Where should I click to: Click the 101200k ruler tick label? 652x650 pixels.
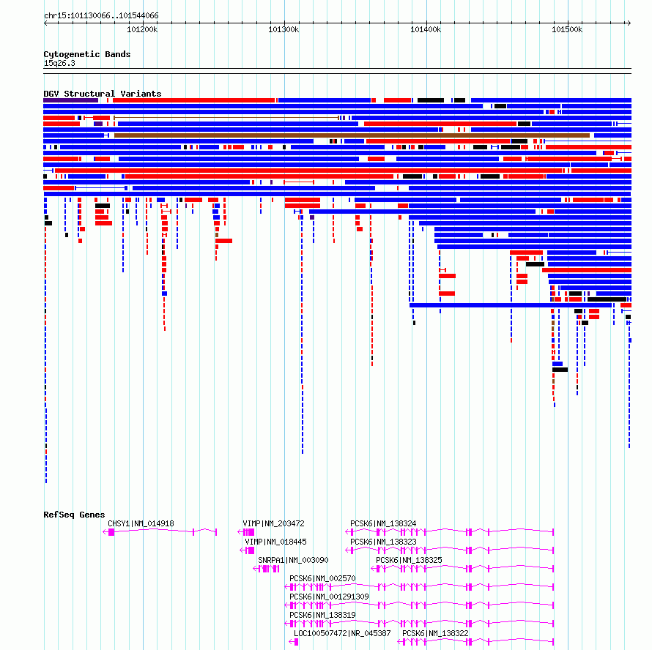point(142,29)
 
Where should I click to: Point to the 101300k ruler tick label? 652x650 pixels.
point(284,29)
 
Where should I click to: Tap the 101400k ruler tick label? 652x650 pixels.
point(426,29)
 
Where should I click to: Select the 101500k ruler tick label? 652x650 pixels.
point(567,29)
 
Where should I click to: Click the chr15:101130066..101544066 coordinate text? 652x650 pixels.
point(101,16)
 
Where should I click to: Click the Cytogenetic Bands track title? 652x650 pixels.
point(87,54)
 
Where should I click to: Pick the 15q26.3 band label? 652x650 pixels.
point(59,63)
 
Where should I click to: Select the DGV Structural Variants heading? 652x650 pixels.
point(103,94)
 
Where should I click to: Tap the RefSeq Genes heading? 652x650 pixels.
point(74,515)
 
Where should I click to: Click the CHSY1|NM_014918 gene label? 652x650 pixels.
point(141,523)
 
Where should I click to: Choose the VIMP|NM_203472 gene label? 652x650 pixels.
point(273,523)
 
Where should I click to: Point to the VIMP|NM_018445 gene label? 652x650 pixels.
point(275,542)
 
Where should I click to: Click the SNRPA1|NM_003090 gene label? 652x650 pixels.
point(293,560)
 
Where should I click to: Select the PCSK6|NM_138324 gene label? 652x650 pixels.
point(383,523)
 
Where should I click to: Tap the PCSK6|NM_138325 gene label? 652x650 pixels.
point(410,560)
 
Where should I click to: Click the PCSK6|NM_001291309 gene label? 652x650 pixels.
point(329,597)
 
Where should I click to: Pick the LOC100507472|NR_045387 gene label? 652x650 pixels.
point(342,633)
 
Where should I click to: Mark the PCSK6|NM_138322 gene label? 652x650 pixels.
point(435,633)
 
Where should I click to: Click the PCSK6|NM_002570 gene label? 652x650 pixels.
point(322,578)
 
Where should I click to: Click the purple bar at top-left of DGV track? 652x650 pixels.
point(70,100)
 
